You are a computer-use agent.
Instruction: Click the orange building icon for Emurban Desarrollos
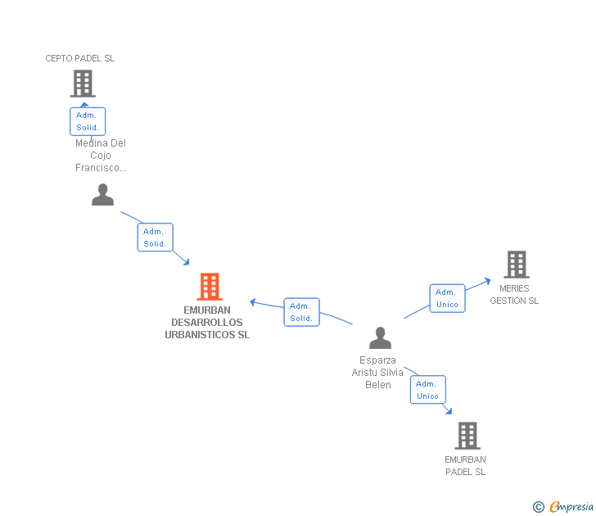pyautogui.click(x=210, y=287)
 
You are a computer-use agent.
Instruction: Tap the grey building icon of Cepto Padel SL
pyautogui.click(x=82, y=84)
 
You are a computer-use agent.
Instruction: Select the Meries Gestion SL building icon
pyautogui.click(x=516, y=265)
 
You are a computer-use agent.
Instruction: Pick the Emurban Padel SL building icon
pyautogui.click(x=467, y=436)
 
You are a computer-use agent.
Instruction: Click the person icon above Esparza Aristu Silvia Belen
pyautogui.click(x=380, y=337)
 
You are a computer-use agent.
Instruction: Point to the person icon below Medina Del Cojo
pyautogui.click(x=102, y=195)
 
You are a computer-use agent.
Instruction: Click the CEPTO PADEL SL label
pyautogui.click(x=80, y=58)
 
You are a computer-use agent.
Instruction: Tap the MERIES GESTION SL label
pyautogui.click(x=514, y=295)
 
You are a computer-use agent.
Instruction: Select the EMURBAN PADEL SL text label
pyautogui.click(x=465, y=465)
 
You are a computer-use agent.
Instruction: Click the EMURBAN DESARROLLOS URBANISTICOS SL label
pyautogui.click(x=207, y=323)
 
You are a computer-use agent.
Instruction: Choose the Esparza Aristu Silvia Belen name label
pyautogui.click(x=377, y=373)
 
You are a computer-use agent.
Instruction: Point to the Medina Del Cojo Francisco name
pyautogui.click(x=101, y=156)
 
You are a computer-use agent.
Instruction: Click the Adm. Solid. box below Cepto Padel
pyautogui.click(x=88, y=121)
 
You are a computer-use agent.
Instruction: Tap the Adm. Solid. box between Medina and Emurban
pyautogui.click(x=155, y=238)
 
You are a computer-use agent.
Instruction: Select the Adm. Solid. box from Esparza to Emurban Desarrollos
pyautogui.click(x=301, y=312)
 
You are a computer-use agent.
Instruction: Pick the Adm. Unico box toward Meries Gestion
pyautogui.click(x=447, y=298)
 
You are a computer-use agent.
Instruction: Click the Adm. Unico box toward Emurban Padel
pyautogui.click(x=427, y=390)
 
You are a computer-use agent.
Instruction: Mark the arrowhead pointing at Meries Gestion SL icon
pyautogui.click(x=488, y=280)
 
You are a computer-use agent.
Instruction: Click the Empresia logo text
pyautogui.click(x=571, y=506)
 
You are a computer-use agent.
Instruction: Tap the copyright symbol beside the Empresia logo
pyautogui.click(x=538, y=507)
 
